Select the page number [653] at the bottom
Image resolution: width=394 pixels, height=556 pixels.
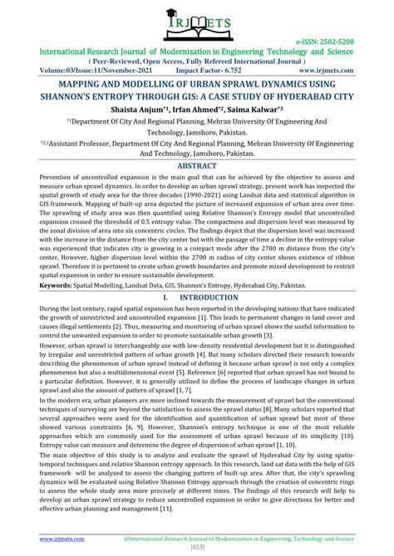tap(197, 549)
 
